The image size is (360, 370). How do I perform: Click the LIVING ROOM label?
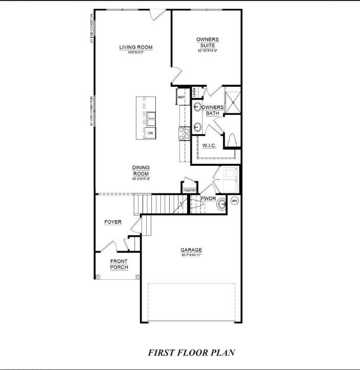(x=136, y=48)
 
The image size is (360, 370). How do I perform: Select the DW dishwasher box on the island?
(x=150, y=133)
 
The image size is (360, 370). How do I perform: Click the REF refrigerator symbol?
(x=181, y=97)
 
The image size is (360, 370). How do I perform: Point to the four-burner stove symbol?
(x=184, y=133)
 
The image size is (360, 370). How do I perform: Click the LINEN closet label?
(x=194, y=92)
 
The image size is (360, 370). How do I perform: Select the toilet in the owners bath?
(x=231, y=139)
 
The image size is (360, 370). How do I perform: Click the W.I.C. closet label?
(x=209, y=146)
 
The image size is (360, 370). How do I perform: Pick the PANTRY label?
(x=190, y=190)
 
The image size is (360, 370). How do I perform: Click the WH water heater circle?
(x=234, y=201)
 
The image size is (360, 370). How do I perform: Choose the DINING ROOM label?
(x=141, y=170)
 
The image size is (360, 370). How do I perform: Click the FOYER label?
(x=113, y=222)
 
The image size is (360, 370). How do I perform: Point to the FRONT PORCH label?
(x=119, y=264)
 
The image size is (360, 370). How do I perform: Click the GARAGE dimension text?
(x=191, y=255)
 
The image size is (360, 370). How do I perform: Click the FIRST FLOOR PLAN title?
(x=192, y=353)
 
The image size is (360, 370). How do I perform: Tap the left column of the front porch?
(x=99, y=277)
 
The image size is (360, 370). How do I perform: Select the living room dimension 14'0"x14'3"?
(x=136, y=53)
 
